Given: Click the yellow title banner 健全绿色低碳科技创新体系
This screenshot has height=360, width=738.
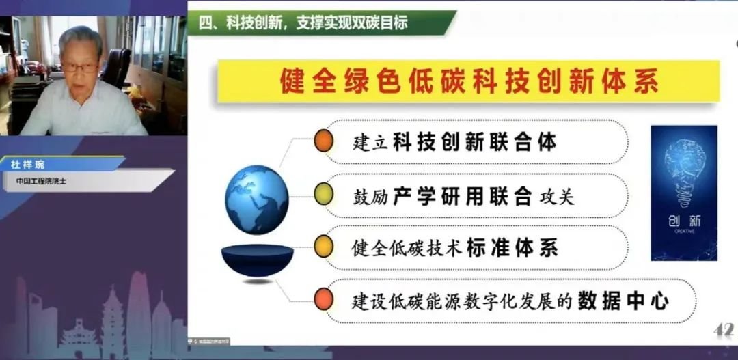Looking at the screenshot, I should click(x=469, y=82).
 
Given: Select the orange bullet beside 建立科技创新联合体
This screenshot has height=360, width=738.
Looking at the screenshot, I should click(x=323, y=142).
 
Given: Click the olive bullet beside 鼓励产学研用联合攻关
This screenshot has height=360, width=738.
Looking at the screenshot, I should click(x=323, y=195).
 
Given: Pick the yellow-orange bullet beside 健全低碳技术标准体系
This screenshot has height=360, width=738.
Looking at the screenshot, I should click(x=323, y=247).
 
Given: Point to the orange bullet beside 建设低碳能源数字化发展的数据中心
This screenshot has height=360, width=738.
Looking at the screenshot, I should click(x=323, y=299).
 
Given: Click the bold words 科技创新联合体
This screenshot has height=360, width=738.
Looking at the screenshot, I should click(x=474, y=142).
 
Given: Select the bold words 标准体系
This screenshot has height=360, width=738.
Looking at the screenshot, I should click(x=512, y=247).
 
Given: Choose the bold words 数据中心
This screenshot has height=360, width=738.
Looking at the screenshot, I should click(x=622, y=300).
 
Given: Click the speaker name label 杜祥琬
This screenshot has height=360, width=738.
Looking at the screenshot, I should click(x=27, y=165).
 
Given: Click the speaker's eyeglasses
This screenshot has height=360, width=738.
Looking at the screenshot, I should click(x=79, y=67).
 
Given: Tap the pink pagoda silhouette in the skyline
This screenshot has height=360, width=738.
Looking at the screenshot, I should click(x=112, y=321).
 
